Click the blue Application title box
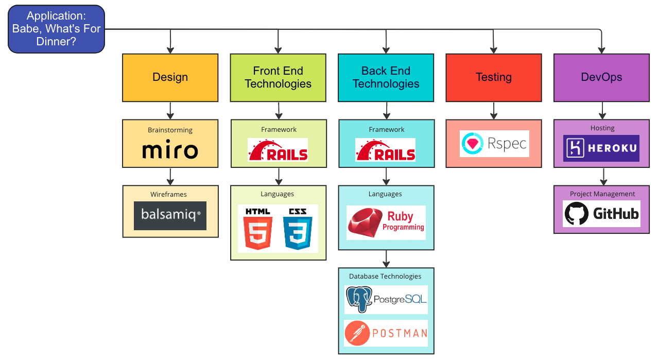pos(56,29)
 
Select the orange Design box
pos(170,78)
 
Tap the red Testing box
pos(493,78)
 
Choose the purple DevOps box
pos(601,78)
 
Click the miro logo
pos(170,149)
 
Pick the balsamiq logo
pos(170,216)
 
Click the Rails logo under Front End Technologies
pos(278,150)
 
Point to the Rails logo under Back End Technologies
pos(386,150)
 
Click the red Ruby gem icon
pos(365,222)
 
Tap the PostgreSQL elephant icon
pos(359,299)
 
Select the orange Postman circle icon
pos(357,333)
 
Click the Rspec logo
pos(494,143)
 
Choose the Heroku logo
pos(601,148)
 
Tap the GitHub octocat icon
pos(576,214)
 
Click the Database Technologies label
pos(385,276)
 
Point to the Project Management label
pos(602,194)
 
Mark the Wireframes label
pos(168,194)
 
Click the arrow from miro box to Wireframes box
pos(170,176)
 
